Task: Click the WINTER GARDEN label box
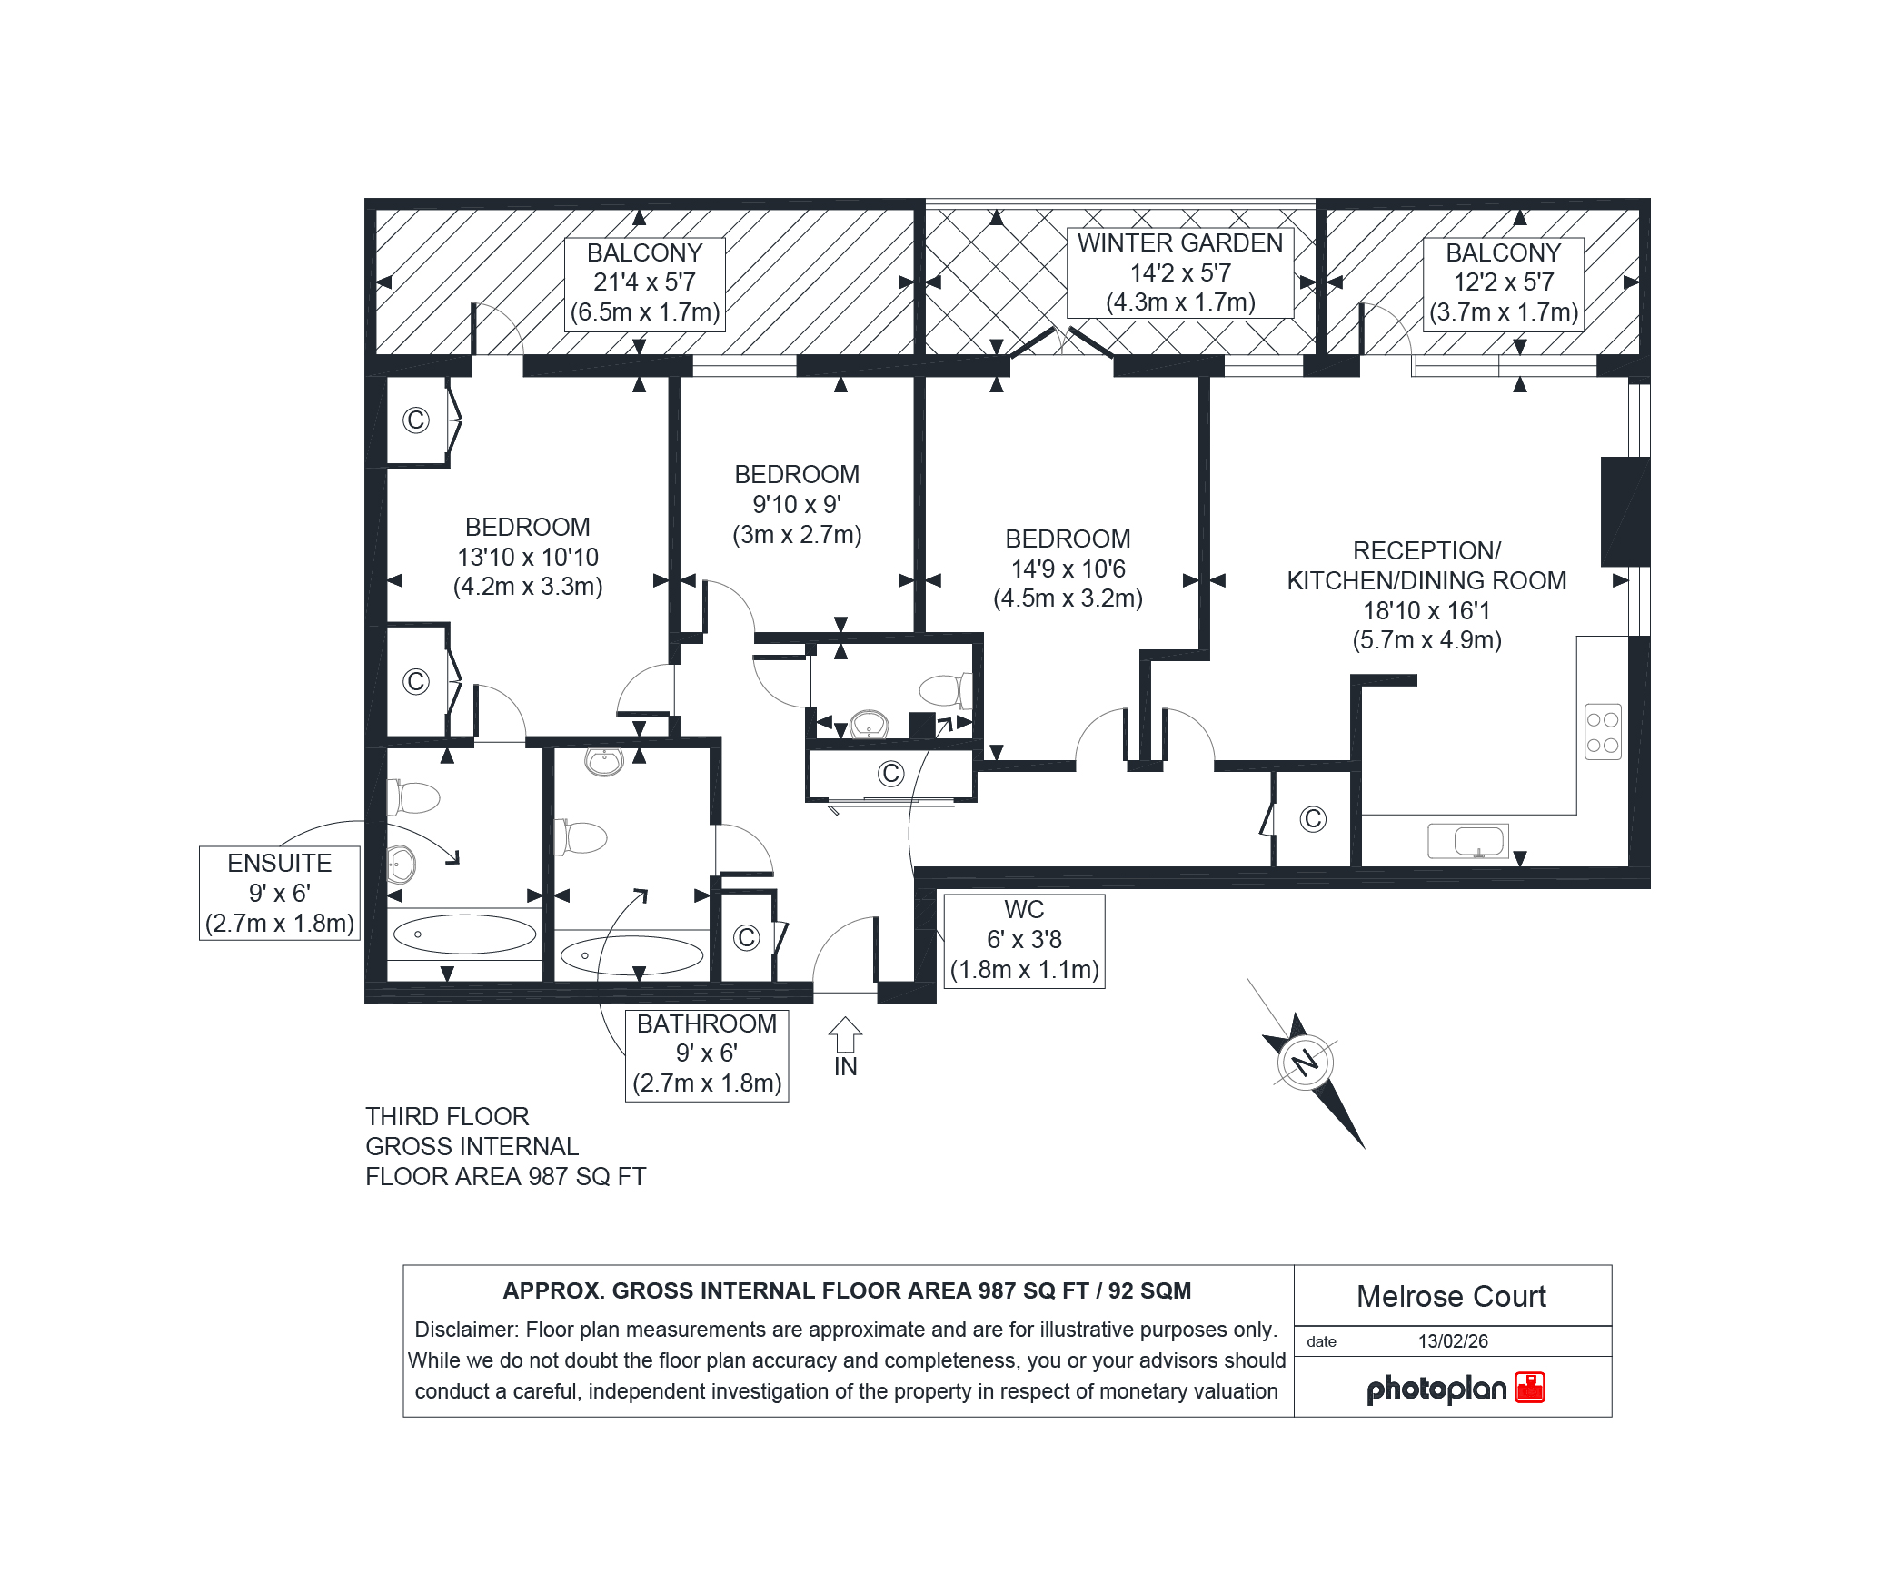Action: coord(1180,272)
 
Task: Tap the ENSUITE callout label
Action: coord(280,893)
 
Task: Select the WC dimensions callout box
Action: coord(1025,941)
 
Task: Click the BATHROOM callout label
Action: coord(707,1055)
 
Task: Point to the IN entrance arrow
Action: coord(845,1034)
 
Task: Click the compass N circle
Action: coord(1306,1061)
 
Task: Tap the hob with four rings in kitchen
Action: coord(1603,732)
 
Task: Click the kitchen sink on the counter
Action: coord(1468,841)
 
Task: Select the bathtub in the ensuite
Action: coord(465,934)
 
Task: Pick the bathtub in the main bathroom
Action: coord(632,955)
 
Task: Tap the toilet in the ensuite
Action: coord(413,797)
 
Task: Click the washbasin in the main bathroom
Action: coord(604,761)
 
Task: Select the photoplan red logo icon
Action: coord(1530,1388)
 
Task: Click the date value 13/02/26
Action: coord(1454,1341)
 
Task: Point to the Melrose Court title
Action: coord(1451,1296)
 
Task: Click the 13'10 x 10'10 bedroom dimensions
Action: coord(528,557)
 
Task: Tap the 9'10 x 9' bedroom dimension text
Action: coord(797,504)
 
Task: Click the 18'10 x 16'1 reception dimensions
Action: coord(1426,610)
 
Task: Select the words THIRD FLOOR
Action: coord(447,1116)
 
